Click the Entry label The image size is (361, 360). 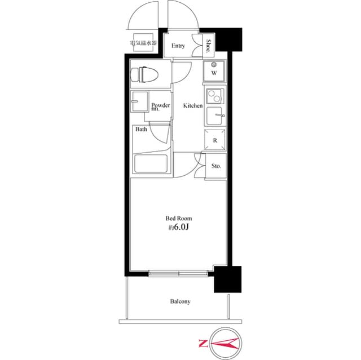pyautogui.click(x=178, y=46)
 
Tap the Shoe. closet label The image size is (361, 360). pyautogui.click(x=208, y=46)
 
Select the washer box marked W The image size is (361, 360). pyautogui.click(x=214, y=72)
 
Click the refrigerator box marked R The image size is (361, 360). pyautogui.click(x=215, y=140)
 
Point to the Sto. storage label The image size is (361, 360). pyautogui.click(x=216, y=166)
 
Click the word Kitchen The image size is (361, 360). pyautogui.click(x=192, y=106)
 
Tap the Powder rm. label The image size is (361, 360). pyautogui.click(x=161, y=106)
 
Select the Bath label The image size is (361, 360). pyautogui.click(x=141, y=130)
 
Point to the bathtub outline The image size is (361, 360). pyautogui.click(x=151, y=165)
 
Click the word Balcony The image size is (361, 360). pyautogui.click(x=180, y=301)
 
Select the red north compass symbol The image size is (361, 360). pyautogui.click(x=221, y=343)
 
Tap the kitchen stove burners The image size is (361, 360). pyautogui.click(x=214, y=96)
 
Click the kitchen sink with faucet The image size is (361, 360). pyautogui.click(x=215, y=117)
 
